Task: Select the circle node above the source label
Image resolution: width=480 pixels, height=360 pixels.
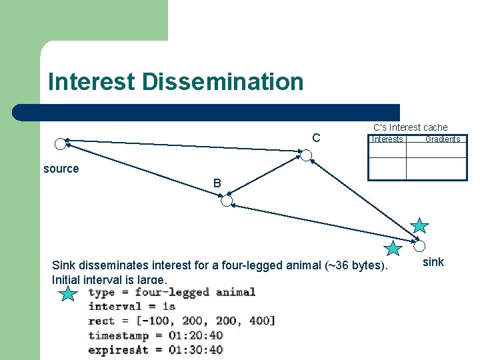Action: pyautogui.click(x=60, y=143)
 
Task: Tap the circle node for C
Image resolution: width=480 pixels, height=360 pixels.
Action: pyautogui.click(x=306, y=156)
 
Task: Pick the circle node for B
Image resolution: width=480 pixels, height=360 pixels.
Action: pyautogui.click(x=227, y=201)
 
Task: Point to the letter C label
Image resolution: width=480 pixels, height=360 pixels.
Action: pyautogui.click(x=316, y=138)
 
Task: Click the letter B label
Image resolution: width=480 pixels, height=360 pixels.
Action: pyautogui.click(x=217, y=183)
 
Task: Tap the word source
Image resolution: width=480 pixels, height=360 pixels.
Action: pyautogui.click(x=61, y=169)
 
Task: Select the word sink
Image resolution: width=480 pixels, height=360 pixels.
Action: pyautogui.click(x=433, y=262)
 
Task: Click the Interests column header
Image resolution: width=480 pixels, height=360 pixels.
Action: pyautogui.click(x=387, y=139)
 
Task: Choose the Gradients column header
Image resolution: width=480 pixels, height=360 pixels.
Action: pyautogui.click(x=443, y=139)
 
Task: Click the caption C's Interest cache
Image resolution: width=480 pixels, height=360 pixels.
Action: pyautogui.click(x=410, y=127)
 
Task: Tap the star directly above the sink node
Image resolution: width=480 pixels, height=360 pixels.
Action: pyautogui.click(x=420, y=225)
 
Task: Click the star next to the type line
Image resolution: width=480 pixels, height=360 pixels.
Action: pyautogui.click(x=68, y=293)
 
